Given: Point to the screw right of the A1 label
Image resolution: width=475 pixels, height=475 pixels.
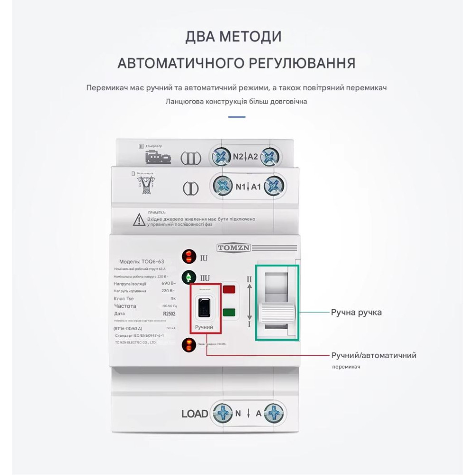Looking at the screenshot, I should pos(274,186).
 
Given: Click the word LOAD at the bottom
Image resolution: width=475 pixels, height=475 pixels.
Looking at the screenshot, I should pos(195,414).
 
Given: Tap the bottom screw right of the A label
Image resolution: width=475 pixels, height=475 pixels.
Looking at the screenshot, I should pos(274,413).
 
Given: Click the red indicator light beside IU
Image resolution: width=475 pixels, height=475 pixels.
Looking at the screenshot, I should pos(189,257).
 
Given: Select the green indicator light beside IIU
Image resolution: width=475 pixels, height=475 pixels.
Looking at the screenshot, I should pos(189,277).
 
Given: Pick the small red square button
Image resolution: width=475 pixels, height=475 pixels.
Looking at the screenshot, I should pos(229,289).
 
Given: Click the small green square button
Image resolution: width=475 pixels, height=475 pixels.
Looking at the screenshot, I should pos(229,312).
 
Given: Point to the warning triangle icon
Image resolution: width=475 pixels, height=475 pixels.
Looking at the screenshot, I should pos(139,219).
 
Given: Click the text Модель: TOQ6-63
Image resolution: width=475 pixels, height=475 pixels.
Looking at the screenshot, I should pos(142,262).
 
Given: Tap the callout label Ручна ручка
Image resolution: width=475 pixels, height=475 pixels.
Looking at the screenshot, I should pos(356,313).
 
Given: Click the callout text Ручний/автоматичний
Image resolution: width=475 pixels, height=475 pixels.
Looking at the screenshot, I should pos(374,355).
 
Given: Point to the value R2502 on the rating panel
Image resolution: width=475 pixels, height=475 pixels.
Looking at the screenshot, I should pos(169,314).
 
